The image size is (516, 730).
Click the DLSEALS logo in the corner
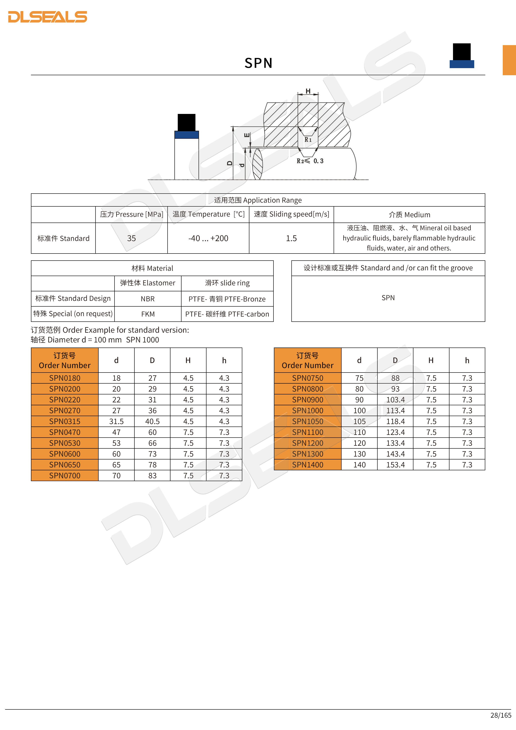point(48,17)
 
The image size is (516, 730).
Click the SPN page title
point(258,63)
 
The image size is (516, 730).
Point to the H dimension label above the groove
point(308,91)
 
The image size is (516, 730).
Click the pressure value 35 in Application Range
point(131,238)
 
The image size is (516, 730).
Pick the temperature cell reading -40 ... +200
point(208,238)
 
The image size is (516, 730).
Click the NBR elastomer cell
point(148,299)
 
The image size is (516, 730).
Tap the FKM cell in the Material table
point(148,314)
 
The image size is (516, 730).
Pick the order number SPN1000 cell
point(308,411)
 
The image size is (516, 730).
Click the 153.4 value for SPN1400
point(395,465)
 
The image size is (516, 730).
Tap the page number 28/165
point(501,715)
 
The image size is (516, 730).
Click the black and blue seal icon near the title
point(462,56)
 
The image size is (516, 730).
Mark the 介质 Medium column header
point(409,215)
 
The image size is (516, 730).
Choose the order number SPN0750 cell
point(308,378)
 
